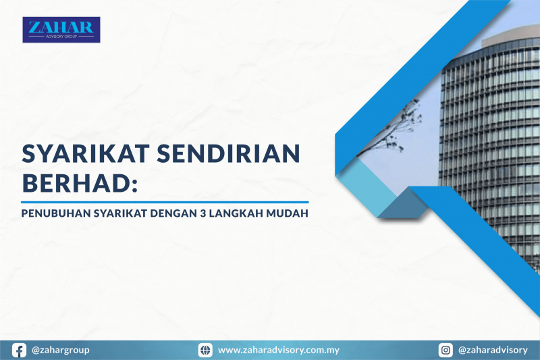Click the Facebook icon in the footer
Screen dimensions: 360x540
pyautogui.click(x=20, y=350)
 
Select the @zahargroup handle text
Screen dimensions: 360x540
pyautogui.click(x=61, y=350)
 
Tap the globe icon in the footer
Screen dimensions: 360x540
pyautogui.click(x=205, y=350)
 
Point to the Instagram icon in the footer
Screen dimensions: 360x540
pyautogui.click(x=446, y=350)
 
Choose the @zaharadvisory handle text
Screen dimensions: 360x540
pyautogui.click(x=493, y=350)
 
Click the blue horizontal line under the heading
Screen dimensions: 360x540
pyautogui.click(x=165, y=202)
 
